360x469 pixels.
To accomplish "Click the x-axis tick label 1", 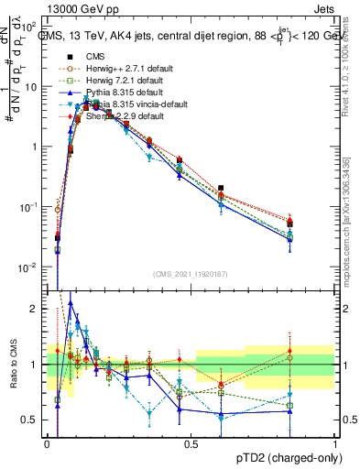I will point(335,443).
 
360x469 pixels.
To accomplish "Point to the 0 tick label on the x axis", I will point(47,443).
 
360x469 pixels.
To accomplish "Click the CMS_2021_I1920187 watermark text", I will point(190,275).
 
